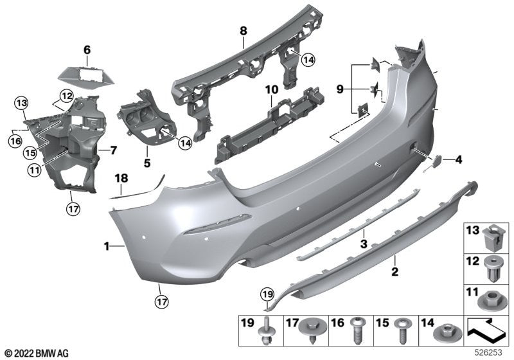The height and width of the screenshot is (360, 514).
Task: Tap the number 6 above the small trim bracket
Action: click(x=87, y=49)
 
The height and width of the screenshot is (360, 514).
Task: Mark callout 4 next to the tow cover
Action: click(x=459, y=158)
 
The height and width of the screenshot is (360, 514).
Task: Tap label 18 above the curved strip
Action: click(x=121, y=178)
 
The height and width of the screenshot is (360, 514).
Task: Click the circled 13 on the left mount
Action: click(x=21, y=103)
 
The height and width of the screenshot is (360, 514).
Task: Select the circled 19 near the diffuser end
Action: click(x=267, y=295)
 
